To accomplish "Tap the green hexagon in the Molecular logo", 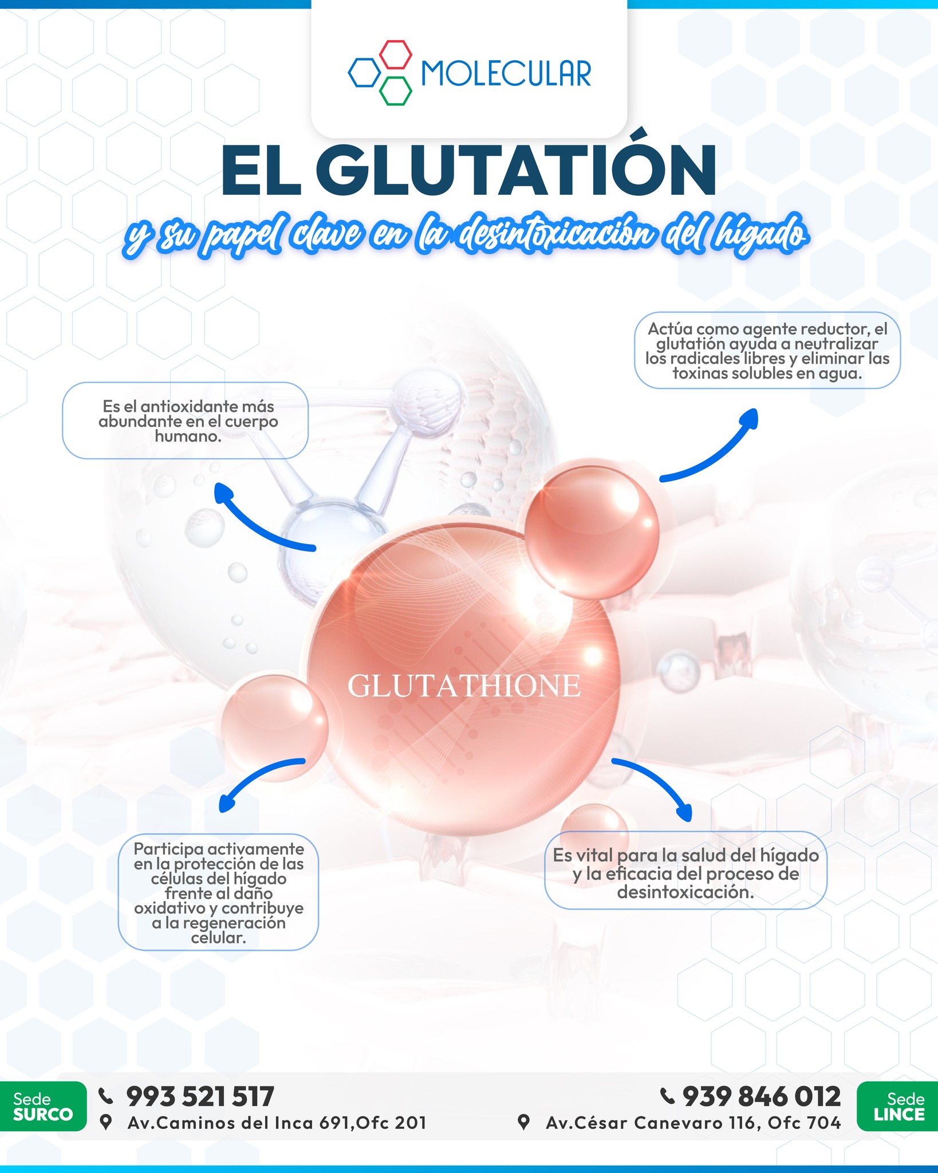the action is click(x=396, y=91).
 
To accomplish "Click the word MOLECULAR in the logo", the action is click(x=506, y=73).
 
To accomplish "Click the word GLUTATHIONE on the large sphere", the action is click(x=464, y=686).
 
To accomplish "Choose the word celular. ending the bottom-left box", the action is click(x=218, y=938).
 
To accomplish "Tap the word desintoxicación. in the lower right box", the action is click(x=685, y=892).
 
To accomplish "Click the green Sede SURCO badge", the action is click(x=43, y=1106).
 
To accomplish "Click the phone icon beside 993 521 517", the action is click(x=106, y=1096).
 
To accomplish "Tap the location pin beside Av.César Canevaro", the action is click(x=523, y=1122).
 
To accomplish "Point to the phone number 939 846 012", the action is click(x=762, y=1096).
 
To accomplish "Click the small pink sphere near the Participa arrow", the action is click(x=275, y=727).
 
